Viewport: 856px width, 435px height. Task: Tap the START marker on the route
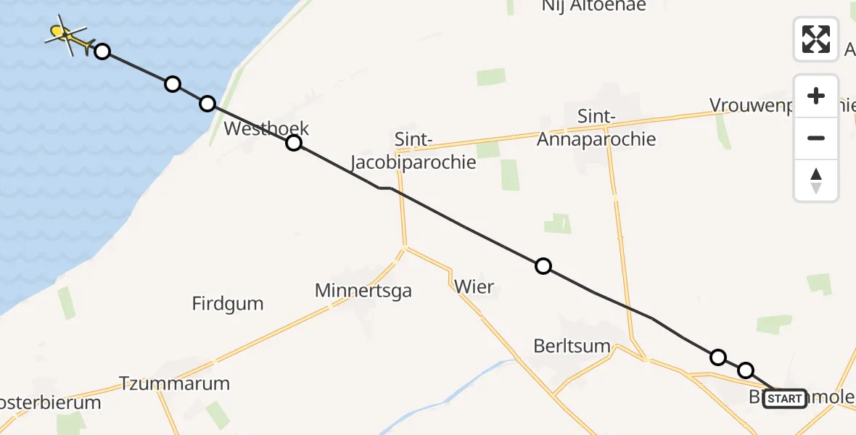(784, 398)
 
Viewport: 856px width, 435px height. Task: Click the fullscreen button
(816, 39)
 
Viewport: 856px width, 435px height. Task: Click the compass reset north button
(816, 180)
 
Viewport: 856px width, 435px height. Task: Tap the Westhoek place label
(266, 129)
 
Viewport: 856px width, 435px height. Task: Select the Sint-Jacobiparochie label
(414, 150)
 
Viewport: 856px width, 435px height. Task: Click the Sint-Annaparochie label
(596, 128)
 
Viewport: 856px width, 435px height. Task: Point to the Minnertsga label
(363, 291)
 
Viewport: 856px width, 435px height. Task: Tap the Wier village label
(474, 286)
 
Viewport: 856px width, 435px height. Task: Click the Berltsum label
(572, 346)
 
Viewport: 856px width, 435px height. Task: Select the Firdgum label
(228, 303)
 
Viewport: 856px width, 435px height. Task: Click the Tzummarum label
(174, 384)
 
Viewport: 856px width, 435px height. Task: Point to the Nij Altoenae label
(593, 6)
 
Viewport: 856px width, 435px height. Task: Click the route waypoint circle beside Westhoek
(293, 143)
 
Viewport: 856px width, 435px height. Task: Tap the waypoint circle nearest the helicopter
(102, 51)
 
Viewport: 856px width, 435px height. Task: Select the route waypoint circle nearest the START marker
(746, 370)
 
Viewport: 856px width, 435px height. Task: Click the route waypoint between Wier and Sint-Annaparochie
(543, 266)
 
